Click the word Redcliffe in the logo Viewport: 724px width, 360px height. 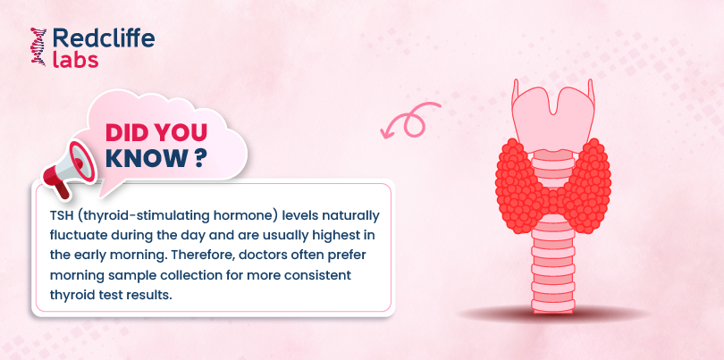tap(104, 38)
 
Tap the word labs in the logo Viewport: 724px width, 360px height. tap(76, 60)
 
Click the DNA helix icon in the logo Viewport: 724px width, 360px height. tap(38, 46)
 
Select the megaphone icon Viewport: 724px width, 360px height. tap(68, 169)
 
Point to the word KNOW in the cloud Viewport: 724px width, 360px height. tap(144, 158)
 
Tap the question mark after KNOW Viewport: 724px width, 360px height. tap(198, 158)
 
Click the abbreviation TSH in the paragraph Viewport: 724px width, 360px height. tap(60, 216)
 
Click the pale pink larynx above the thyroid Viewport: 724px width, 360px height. tap(553, 116)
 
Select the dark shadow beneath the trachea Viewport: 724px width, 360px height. tap(553, 314)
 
